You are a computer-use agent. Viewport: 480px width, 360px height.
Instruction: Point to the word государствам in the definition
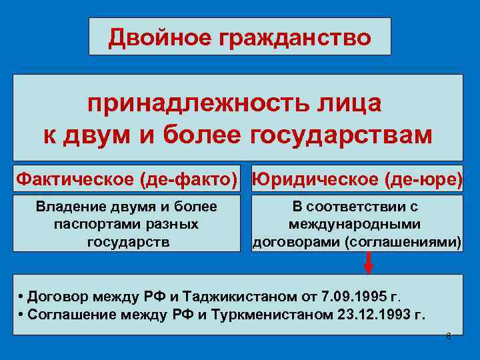tap(341, 133)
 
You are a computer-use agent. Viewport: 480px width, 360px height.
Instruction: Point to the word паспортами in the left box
tap(86, 224)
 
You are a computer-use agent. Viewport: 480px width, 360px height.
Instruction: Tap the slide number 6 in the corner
tap(448, 335)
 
